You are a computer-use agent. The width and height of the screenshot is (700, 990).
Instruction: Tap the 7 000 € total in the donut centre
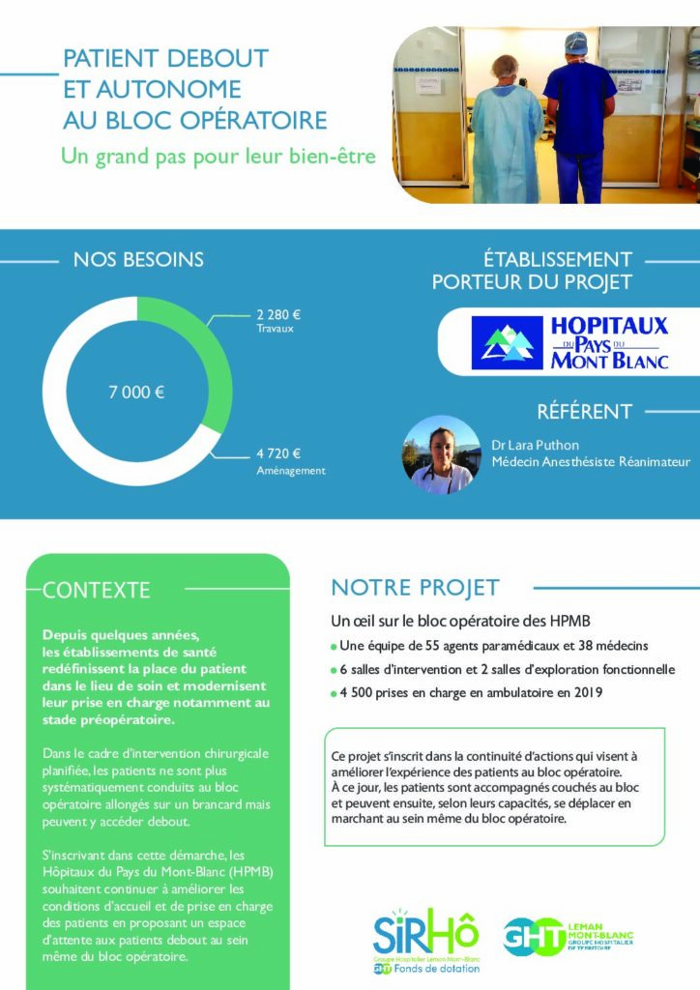pyautogui.click(x=136, y=392)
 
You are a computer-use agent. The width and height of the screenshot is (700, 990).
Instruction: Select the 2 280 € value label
pyautogui.click(x=278, y=314)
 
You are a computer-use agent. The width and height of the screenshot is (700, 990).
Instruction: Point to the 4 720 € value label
pyautogui.click(x=278, y=453)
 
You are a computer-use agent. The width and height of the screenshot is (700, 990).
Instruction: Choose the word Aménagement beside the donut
pyautogui.click(x=291, y=471)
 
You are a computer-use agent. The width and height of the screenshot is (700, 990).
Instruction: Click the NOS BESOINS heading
pyautogui.click(x=138, y=259)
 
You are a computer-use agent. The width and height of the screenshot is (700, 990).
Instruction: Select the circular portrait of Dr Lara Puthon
pyautogui.click(x=441, y=454)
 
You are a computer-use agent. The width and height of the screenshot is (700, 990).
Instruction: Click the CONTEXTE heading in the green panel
pyautogui.click(x=97, y=590)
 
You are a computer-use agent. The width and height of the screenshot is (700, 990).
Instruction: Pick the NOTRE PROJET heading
pyautogui.click(x=415, y=587)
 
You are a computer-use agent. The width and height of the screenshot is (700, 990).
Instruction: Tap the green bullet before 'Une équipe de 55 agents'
pyautogui.click(x=334, y=646)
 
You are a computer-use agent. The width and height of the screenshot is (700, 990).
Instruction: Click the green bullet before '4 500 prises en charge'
pyautogui.click(x=334, y=693)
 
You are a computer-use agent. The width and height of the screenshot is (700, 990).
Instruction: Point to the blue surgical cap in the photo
pyautogui.click(x=576, y=44)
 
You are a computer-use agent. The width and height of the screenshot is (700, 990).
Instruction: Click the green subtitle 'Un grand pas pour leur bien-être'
pyautogui.click(x=218, y=155)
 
